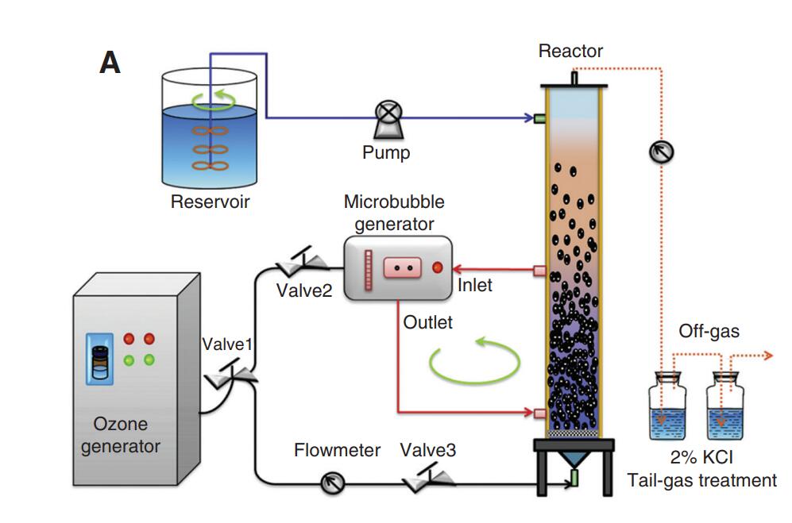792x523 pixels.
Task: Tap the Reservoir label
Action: (x=210, y=202)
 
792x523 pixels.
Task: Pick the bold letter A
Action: (x=110, y=63)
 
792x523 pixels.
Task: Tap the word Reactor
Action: (x=570, y=52)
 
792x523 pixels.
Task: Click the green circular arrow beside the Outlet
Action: (x=474, y=362)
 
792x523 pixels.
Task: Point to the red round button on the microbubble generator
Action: (x=437, y=267)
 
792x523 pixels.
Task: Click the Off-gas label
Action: (x=709, y=331)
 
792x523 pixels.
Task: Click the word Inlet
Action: (x=475, y=285)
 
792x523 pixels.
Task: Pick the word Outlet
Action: (x=428, y=322)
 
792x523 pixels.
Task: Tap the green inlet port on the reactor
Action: (x=539, y=118)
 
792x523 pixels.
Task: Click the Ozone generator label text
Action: (x=121, y=435)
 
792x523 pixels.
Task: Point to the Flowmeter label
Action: (x=337, y=451)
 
